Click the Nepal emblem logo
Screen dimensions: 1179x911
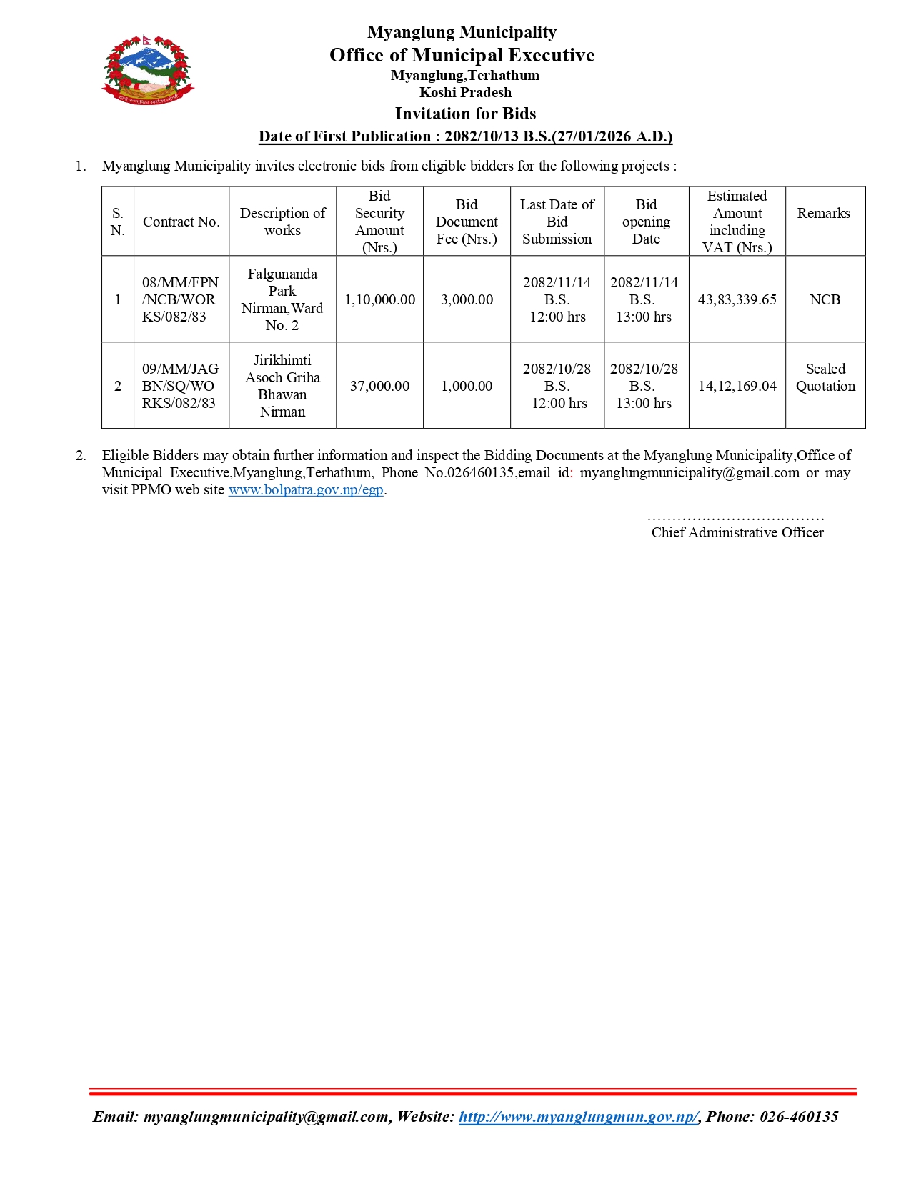point(148,69)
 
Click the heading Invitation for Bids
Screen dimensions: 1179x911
point(465,114)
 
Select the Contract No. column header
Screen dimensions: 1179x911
point(181,222)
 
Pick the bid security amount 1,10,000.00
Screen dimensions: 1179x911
point(379,299)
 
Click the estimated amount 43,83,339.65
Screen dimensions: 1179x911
point(737,299)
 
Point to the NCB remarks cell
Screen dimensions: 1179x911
point(825,299)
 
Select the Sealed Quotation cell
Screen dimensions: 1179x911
point(825,377)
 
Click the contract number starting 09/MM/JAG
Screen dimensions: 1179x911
point(179,386)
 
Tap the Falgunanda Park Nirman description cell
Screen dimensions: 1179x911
point(282,299)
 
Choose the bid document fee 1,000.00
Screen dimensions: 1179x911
point(467,386)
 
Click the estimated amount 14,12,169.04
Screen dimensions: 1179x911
point(737,386)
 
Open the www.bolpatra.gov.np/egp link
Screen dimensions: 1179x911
point(306,489)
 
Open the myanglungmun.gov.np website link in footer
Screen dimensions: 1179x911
point(578,1117)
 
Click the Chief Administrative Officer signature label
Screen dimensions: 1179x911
point(737,532)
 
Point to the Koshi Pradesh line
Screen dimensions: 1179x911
point(465,92)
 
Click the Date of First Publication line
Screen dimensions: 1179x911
point(465,136)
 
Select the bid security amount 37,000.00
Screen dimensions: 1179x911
point(379,386)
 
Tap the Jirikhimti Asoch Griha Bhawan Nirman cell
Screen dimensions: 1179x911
point(282,386)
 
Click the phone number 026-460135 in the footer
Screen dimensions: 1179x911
point(798,1117)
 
